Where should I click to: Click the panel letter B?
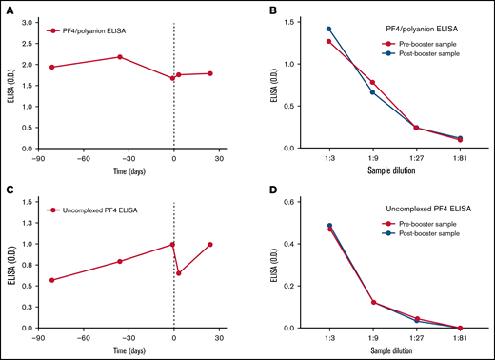(266, 12)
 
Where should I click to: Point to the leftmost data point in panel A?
(51, 67)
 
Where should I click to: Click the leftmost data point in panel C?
(51, 280)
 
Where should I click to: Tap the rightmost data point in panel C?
(209, 244)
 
